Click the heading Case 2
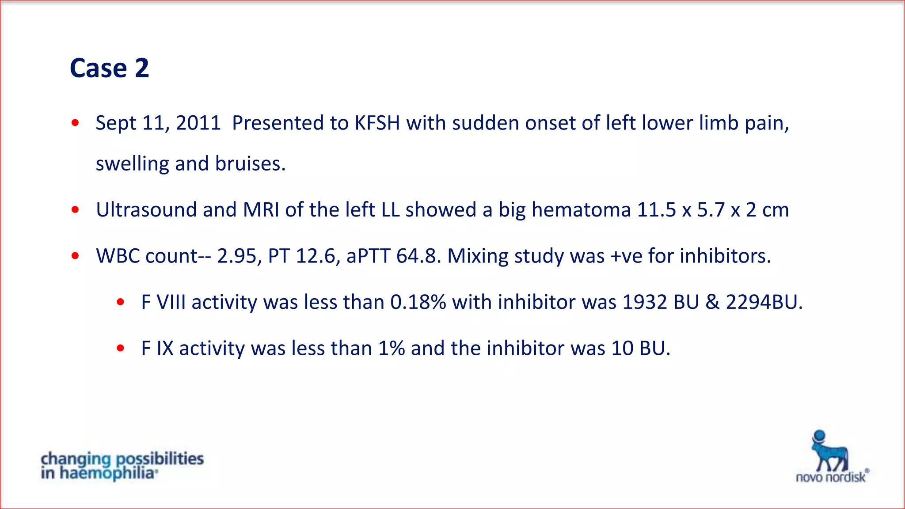(109, 68)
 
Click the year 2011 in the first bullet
(198, 123)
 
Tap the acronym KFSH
(377, 123)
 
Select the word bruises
(250, 164)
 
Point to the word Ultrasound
(146, 210)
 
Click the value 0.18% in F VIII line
(418, 303)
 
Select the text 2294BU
(764, 303)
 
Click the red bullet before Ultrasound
(75, 210)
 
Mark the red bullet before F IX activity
(120, 349)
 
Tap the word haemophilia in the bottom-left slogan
(108, 474)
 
